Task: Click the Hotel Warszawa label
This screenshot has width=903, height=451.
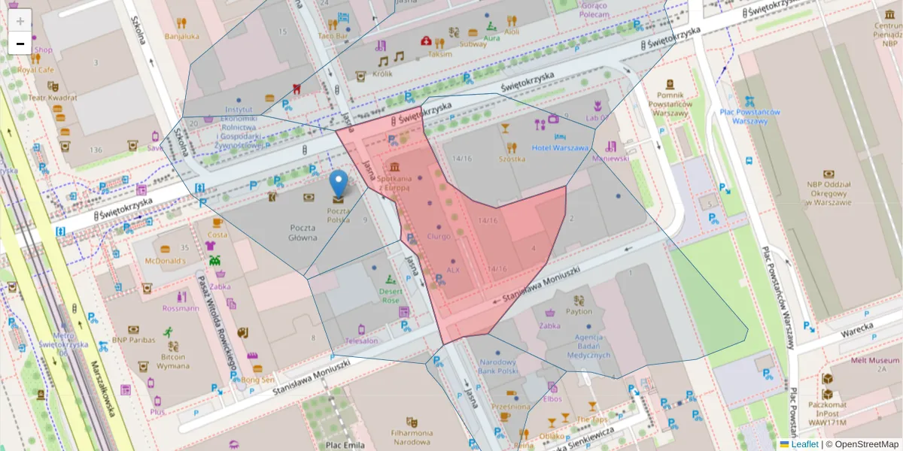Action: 560,147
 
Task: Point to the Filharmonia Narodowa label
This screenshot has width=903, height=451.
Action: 412,437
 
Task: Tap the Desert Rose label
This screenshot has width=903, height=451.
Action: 390,295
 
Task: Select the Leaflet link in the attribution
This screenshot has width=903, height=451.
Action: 804,444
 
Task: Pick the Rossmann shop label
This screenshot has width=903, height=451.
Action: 180,308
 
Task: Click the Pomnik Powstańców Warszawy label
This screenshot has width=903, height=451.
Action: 670,104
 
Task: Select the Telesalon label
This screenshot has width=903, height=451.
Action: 362,341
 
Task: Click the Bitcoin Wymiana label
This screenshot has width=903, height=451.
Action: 173,362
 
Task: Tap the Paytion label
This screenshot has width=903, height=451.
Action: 579,311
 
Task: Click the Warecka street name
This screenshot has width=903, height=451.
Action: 856,329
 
